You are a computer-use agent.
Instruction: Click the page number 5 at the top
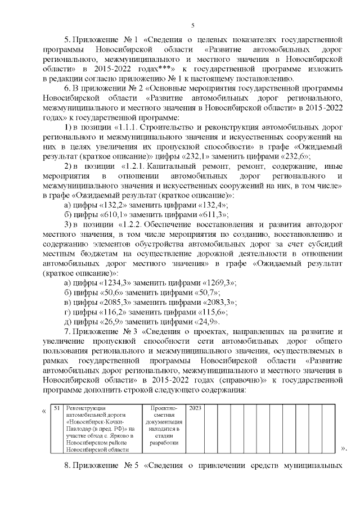pos(193,25)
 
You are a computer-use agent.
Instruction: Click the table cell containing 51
pos(56,408)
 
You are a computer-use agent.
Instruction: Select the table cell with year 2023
pos(194,408)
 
